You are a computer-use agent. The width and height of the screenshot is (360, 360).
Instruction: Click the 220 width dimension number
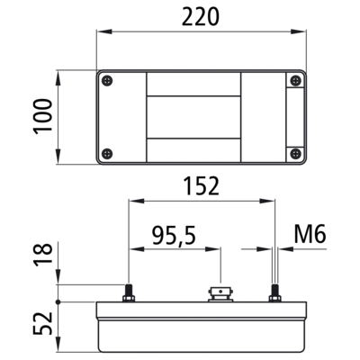pos(201,17)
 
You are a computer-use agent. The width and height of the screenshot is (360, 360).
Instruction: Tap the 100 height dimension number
pos(42,116)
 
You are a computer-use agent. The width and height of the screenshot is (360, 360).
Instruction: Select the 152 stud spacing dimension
pos(201,186)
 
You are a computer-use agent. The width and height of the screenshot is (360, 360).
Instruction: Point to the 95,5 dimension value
pos(174,236)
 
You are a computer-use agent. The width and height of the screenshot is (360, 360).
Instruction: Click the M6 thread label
pos(310,234)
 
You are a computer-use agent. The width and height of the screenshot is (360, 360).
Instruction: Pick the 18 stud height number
pos(42,255)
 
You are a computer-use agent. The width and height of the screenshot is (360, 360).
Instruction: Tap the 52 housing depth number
pos(42,323)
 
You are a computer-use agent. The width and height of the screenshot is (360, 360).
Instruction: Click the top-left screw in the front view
pos(107,81)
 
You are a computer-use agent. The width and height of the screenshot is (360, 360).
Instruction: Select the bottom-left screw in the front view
pos(107,154)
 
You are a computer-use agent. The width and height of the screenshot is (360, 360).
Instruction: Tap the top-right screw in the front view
pos(296,81)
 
